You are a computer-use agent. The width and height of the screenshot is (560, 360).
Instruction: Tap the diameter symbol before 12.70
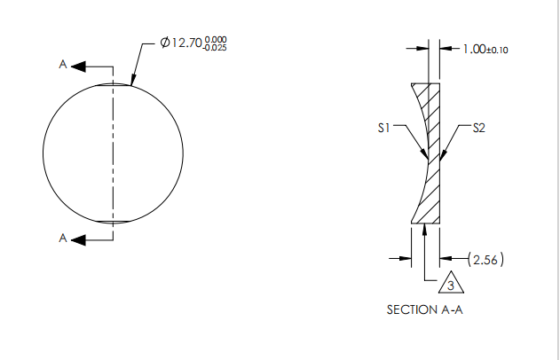coord(164,43)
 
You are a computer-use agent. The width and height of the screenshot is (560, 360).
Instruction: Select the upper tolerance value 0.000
coord(216,39)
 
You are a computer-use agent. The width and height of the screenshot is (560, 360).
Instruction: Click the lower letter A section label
coord(63,238)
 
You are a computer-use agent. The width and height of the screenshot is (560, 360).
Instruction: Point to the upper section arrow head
coord(77,67)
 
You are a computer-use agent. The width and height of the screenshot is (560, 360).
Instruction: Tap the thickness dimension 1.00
coord(475,50)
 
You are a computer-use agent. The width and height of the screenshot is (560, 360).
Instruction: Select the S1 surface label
coord(383,128)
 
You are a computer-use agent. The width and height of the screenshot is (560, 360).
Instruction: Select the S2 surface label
coord(478,128)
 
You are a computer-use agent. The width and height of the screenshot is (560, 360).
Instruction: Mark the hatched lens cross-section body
coord(432,177)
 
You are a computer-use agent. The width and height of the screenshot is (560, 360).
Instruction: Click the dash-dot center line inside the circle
coord(113,151)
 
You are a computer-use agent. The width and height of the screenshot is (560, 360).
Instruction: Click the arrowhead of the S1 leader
coord(427,160)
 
